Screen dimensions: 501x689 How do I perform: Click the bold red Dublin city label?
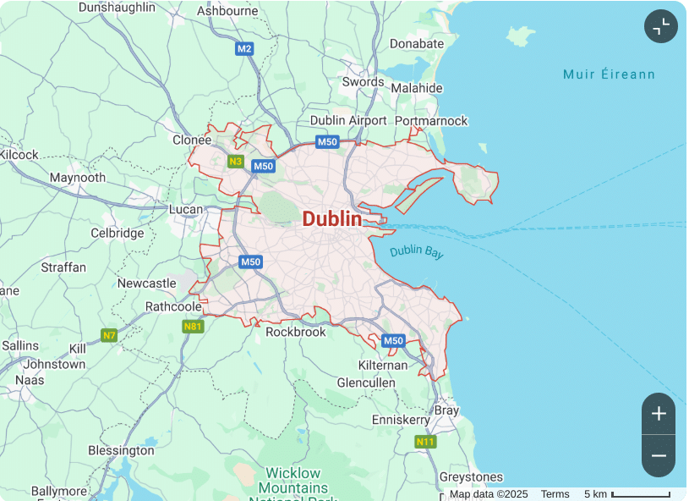[331, 219]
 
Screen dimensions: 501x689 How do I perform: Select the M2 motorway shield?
[244, 48]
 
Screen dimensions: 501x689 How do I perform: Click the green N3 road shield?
[236, 162]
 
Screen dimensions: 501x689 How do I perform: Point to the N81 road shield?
[193, 326]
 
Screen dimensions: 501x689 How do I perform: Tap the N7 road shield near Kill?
[108, 335]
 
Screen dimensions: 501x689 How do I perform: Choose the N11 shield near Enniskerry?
[425, 442]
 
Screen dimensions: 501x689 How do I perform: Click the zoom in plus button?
[659, 414]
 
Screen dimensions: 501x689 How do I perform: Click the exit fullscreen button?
[661, 26]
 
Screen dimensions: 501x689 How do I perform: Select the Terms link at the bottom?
[555, 494]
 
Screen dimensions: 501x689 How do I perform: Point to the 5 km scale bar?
[640, 494]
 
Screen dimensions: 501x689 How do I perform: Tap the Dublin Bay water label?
[416, 252]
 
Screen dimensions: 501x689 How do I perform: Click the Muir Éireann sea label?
[609, 74]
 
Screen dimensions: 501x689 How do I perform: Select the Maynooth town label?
[78, 178]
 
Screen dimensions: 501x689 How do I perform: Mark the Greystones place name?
[472, 477]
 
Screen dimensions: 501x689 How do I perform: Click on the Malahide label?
[416, 88]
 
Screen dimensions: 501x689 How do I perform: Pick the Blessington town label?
[121, 450]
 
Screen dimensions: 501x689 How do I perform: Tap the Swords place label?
[363, 82]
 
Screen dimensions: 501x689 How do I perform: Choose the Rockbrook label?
[295, 332]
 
